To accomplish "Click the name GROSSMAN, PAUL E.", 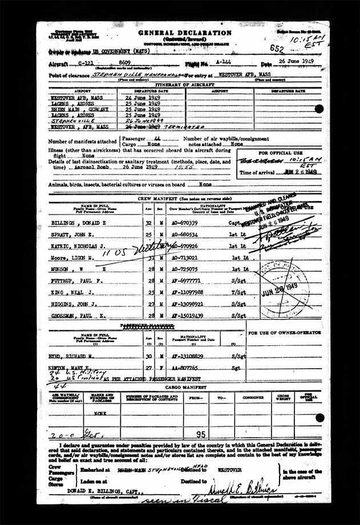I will [75, 314].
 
